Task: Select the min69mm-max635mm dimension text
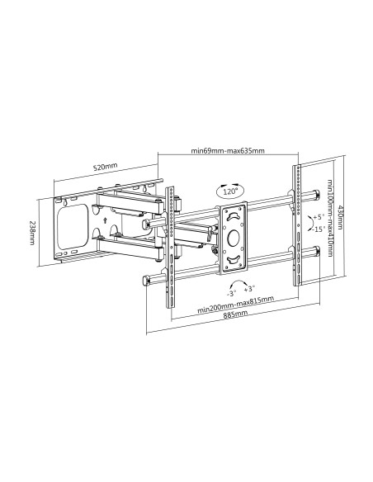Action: pyautogui.click(x=227, y=151)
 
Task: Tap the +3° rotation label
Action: pyautogui.click(x=250, y=288)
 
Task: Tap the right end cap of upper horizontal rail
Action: pyautogui.click(x=317, y=196)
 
